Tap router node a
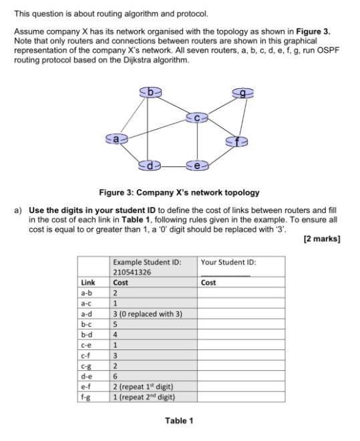coord(117,139)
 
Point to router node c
coord(198,118)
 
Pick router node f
coord(237,141)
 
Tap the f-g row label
coord(87,397)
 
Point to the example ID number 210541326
coord(132,272)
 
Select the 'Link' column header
coord(87,283)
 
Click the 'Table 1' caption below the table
coord(179,420)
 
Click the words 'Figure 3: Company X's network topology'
coord(179,192)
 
